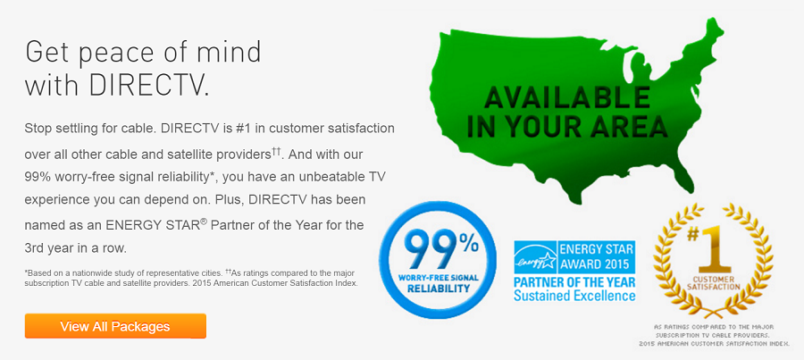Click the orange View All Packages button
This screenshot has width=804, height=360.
coord(115,326)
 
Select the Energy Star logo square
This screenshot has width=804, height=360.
coord(533,256)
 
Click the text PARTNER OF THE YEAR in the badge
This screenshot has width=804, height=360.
coord(574,282)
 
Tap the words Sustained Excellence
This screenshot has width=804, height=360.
coord(574,296)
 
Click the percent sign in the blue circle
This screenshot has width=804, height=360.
coord(469,240)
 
